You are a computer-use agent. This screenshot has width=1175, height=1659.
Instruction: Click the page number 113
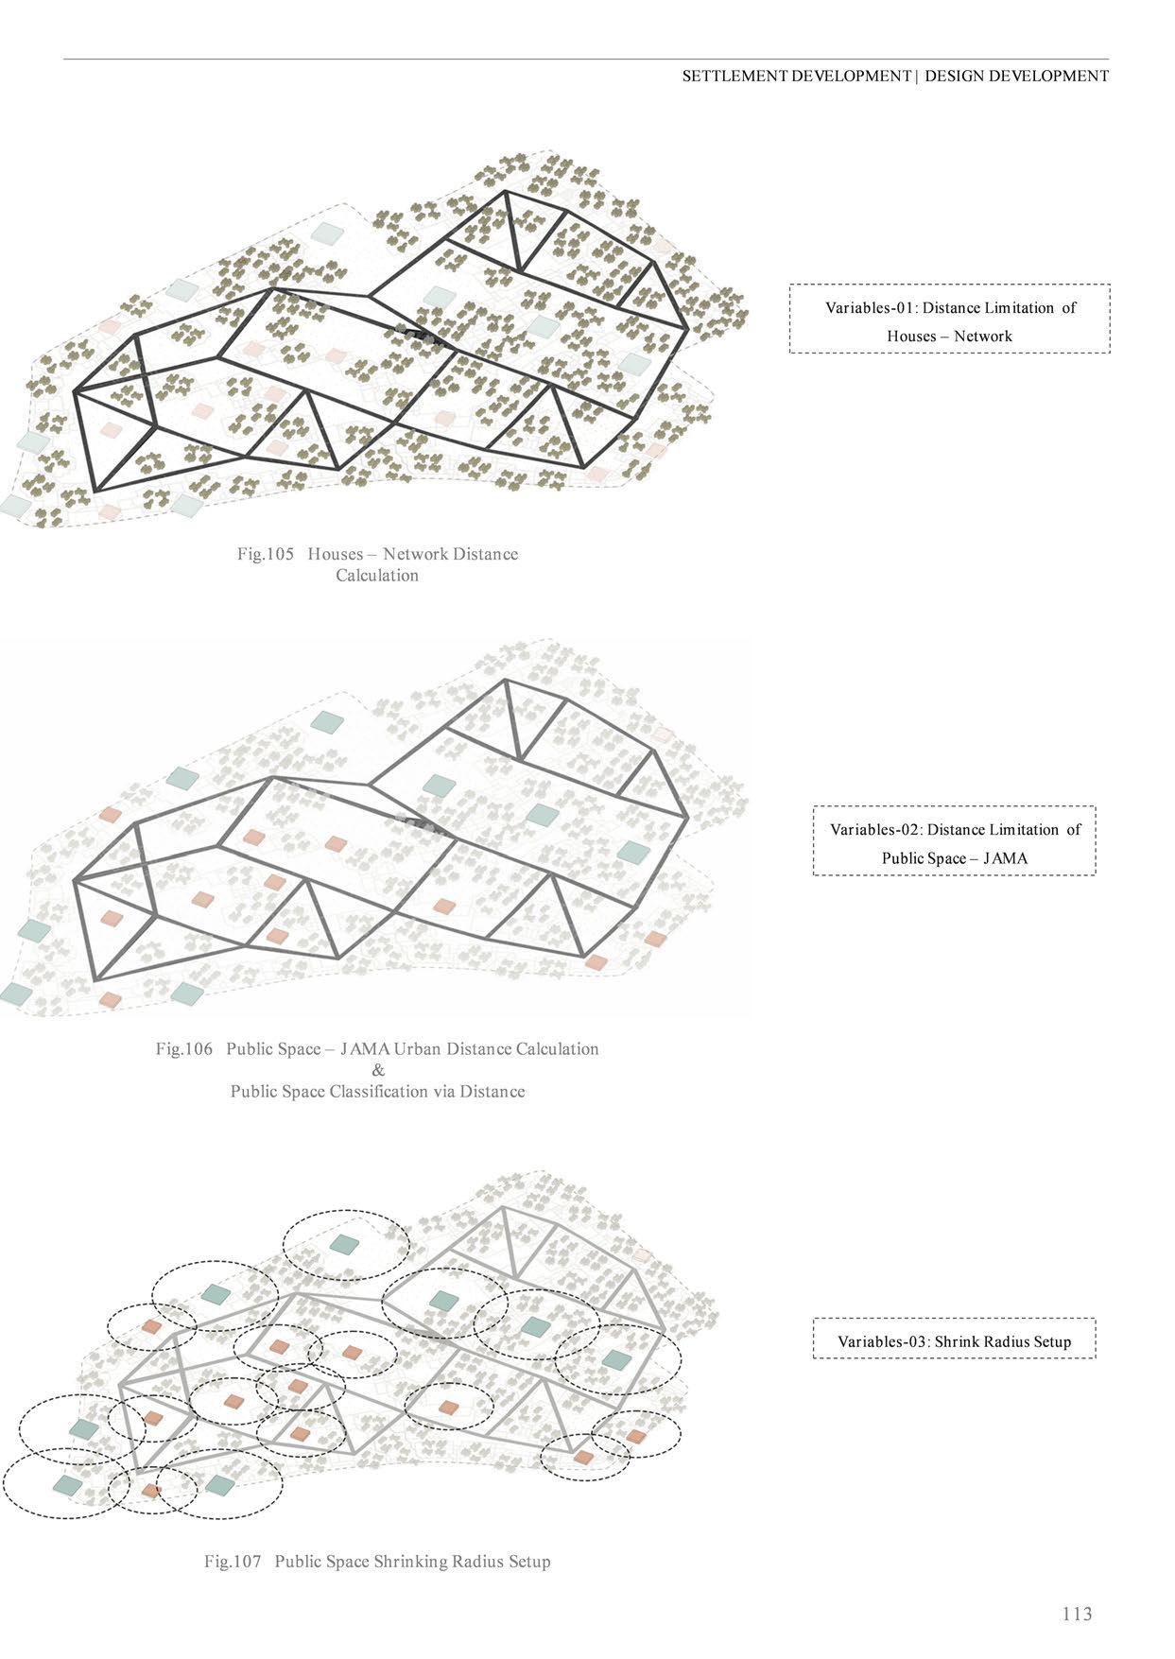click(x=1077, y=1613)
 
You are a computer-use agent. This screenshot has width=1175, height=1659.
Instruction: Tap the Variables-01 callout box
click(x=949, y=320)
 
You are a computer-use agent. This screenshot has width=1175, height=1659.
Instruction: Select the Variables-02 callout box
click(x=954, y=841)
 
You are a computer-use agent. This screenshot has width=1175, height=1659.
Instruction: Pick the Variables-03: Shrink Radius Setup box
click(x=954, y=1339)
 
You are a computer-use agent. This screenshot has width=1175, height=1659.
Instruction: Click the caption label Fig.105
click(x=266, y=554)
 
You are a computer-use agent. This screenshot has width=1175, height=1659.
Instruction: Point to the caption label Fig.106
click(x=184, y=1049)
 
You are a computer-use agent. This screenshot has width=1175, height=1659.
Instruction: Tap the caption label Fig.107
click(x=233, y=1561)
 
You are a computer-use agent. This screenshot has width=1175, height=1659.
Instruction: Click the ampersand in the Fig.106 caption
click(x=378, y=1070)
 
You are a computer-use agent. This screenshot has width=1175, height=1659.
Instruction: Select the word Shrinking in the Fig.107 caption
click(x=415, y=1561)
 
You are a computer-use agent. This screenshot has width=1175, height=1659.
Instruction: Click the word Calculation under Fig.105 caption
click(x=376, y=576)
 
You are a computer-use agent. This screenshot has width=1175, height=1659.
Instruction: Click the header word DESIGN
click(x=954, y=77)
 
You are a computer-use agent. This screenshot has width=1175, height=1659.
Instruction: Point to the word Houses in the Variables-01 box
click(x=911, y=337)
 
